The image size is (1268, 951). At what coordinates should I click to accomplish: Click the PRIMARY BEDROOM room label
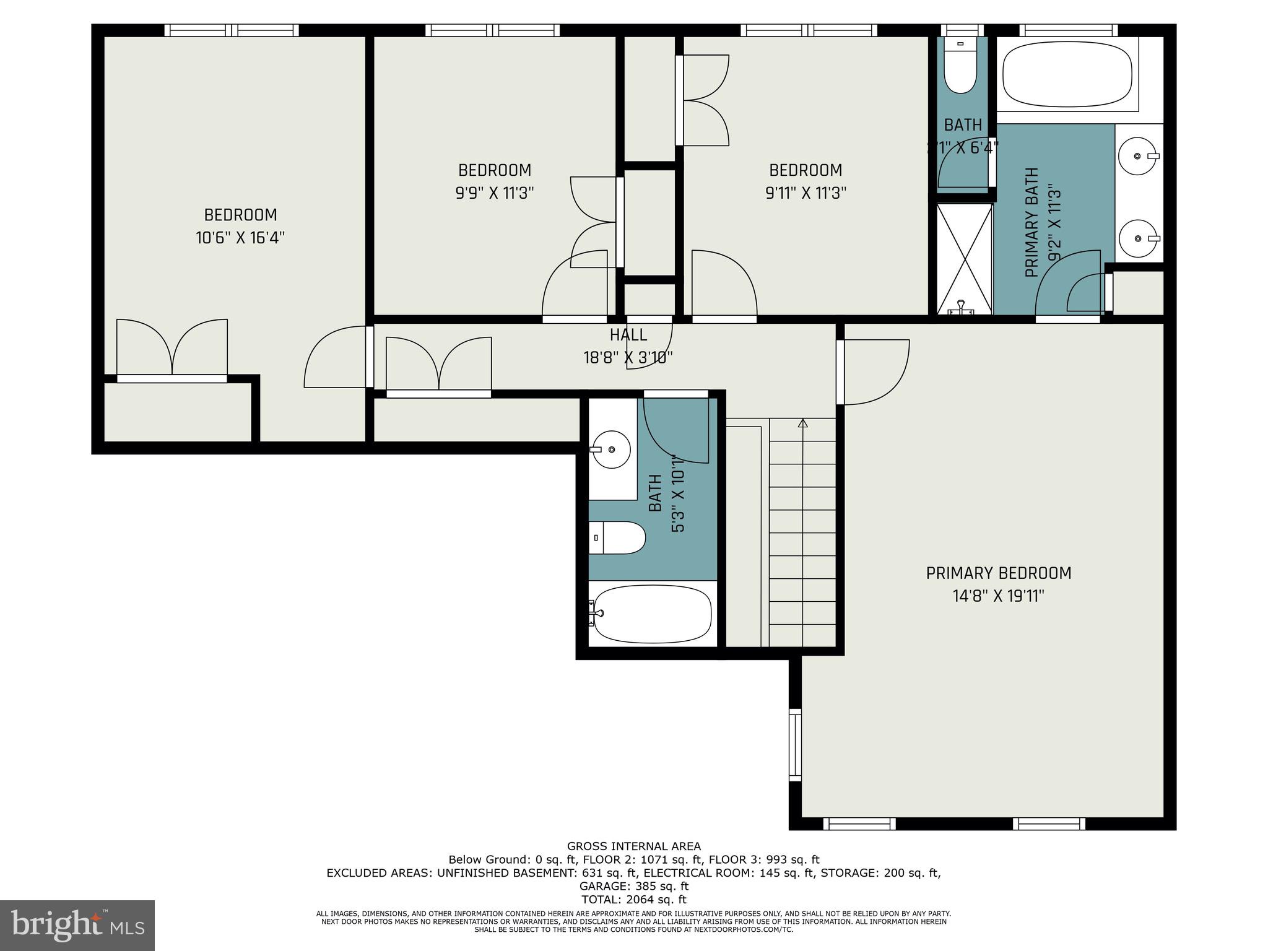[998, 573]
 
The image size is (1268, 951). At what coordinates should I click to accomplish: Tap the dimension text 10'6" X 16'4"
[240, 238]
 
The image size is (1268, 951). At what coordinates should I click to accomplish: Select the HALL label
[628, 335]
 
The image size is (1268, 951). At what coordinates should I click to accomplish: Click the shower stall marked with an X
[964, 259]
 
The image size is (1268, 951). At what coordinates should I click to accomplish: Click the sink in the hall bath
[610, 449]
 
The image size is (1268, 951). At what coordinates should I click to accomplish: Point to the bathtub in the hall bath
[652, 614]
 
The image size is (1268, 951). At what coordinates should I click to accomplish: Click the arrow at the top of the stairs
[803, 423]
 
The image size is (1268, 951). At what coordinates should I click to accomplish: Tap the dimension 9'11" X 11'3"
[806, 193]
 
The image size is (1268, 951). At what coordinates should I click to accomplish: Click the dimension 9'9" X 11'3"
[494, 193]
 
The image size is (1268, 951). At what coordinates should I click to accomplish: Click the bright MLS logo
[77, 925]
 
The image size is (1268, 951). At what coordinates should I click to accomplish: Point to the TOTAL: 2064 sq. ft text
[633, 900]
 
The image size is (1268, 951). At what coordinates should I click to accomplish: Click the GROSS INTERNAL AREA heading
[633, 846]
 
